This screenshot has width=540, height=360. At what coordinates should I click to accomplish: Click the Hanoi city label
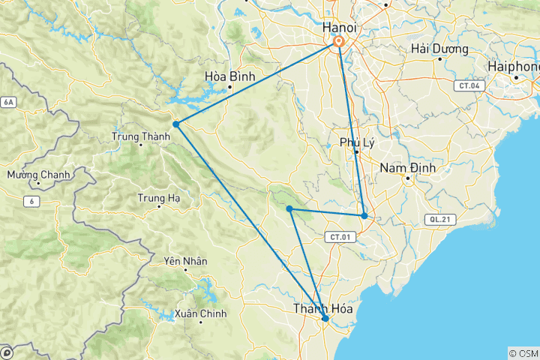(338, 27)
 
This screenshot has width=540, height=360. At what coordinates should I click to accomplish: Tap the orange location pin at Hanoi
(339, 43)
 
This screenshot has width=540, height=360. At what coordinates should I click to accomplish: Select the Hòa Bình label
(230, 76)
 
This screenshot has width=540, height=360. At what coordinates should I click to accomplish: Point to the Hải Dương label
(439, 49)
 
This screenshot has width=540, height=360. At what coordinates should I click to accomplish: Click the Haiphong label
(514, 66)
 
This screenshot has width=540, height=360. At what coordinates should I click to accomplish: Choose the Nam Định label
(405, 167)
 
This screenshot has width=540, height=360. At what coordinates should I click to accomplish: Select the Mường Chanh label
(38, 175)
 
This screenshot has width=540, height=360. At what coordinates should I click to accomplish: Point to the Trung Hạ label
(158, 198)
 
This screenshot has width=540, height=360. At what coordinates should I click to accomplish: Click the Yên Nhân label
(185, 261)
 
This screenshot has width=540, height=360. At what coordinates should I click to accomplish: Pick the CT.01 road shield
(338, 237)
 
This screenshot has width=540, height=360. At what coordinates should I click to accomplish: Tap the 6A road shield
(8, 102)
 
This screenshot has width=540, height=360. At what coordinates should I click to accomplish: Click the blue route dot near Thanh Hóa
(325, 319)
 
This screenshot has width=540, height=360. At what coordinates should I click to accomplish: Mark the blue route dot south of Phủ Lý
(364, 216)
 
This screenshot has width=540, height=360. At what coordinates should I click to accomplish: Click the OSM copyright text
(523, 353)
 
